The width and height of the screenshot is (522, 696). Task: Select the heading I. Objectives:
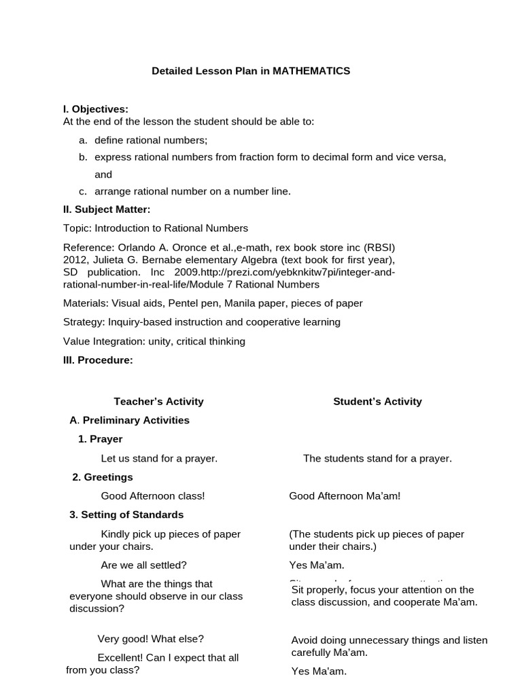[95, 109]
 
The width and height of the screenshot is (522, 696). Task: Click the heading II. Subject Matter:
[106, 209]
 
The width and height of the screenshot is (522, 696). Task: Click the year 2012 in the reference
[75, 260]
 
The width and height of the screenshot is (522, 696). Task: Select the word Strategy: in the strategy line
[82, 322]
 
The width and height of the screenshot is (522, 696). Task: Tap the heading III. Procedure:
[98, 360]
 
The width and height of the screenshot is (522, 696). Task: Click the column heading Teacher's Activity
[158, 402]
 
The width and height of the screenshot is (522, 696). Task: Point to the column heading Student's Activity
[377, 402]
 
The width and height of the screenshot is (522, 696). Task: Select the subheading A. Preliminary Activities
[130, 420]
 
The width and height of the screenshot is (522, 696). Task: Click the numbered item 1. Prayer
[100, 439]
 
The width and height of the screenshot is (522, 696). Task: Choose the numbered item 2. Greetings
[103, 477]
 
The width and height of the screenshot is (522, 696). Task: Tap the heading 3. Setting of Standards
[126, 515]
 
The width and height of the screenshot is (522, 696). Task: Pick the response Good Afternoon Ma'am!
[345, 496]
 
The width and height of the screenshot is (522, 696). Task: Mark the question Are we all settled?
[143, 565]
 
